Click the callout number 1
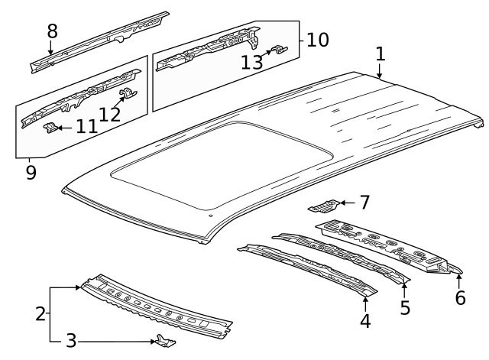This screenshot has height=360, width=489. pos(380,55)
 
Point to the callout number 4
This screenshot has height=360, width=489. pos(365,321)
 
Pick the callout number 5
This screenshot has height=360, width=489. pos(405,307)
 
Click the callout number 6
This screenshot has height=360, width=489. pos(460,297)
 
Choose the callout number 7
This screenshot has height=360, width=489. pos(364,203)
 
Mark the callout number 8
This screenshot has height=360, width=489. pos(52,31)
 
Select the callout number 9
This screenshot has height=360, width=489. pos(31,172)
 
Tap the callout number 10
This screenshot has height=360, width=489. pos(318,39)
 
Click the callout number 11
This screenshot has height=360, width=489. pos(86,126)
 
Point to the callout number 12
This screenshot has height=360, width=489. pos(110,115)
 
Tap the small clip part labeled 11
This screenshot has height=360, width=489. pos(50,126)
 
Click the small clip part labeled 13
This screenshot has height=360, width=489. pos(278,50)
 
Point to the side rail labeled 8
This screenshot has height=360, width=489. pos(99,42)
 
